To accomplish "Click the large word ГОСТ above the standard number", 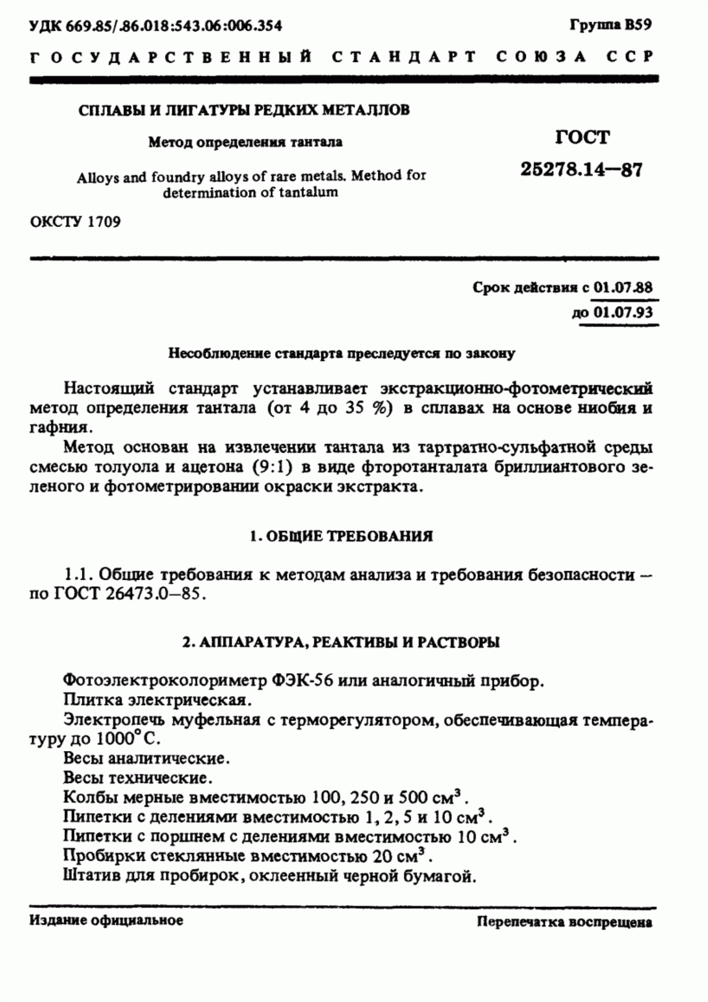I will click(x=582, y=138).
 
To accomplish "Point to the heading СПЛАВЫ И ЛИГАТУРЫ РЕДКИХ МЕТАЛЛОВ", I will click(x=244, y=110).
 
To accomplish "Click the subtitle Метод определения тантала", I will click(x=245, y=142).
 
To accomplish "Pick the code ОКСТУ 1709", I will click(x=75, y=223).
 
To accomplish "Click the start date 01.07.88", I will click(x=622, y=288).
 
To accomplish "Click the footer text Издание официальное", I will click(x=106, y=921).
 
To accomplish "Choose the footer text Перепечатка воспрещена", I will click(x=565, y=922).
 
